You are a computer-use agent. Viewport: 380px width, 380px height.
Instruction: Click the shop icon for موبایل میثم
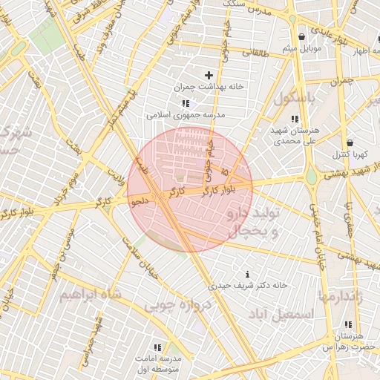tap(301, 36)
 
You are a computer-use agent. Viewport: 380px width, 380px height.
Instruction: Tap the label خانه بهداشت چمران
tap(209, 87)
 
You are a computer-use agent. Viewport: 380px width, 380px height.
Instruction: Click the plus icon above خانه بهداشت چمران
tap(209, 75)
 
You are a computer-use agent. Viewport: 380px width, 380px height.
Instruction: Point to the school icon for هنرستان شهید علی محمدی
tap(295, 119)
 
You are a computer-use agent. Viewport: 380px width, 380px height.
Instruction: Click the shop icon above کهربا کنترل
tap(350, 142)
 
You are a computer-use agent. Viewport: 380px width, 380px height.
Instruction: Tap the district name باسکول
tap(295, 98)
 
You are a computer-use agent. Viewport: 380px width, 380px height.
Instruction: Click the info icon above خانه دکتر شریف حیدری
tap(247, 274)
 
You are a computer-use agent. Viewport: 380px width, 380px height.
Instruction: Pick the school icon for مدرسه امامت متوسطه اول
tap(157, 347)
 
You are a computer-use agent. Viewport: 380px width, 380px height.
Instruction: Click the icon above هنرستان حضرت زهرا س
tap(348, 324)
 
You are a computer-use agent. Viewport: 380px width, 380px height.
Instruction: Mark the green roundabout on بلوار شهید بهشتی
tap(311, 177)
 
